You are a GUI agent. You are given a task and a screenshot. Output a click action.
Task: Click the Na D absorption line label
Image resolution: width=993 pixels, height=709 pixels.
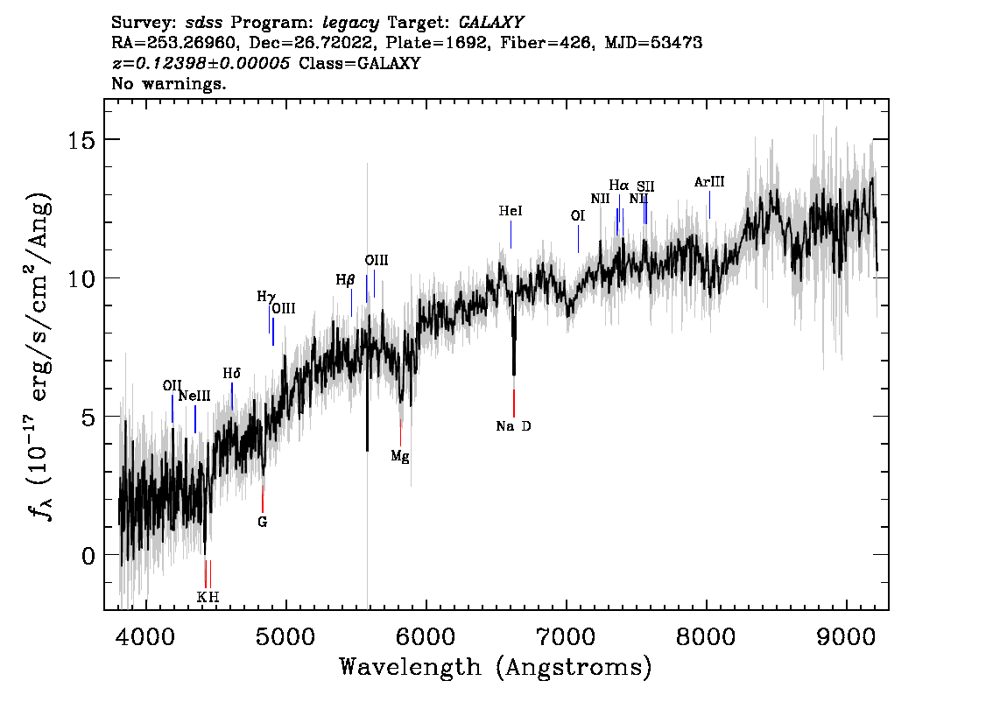coord(514,426)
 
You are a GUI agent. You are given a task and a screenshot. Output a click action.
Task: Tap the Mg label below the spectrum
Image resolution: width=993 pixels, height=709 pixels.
coord(400,456)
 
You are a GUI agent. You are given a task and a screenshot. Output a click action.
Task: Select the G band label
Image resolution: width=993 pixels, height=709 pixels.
coord(262,523)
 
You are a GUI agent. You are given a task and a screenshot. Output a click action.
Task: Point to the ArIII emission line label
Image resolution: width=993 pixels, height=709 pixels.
coord(709,182)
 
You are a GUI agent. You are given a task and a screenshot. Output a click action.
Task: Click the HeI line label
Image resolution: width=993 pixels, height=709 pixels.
coord(511,211)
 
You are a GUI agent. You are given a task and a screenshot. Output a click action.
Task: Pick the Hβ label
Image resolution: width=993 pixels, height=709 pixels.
coord(345,280)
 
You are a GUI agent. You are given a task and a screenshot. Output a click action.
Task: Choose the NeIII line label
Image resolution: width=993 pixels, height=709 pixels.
coord(194,397)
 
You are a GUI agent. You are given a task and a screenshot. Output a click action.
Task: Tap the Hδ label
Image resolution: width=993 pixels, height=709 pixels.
coord(232,374)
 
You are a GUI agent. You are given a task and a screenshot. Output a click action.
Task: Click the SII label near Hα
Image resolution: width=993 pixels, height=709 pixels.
coord(645,186)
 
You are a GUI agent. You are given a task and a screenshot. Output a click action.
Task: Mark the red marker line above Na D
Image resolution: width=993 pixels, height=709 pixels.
coord(514,404)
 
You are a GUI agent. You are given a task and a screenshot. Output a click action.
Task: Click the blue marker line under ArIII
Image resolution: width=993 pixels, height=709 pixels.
coord(709,205)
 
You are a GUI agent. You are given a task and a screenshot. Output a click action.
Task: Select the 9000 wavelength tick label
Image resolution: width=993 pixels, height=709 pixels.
coord(846,636)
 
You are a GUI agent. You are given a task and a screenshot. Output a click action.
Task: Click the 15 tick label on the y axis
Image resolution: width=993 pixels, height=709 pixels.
coord(81,140)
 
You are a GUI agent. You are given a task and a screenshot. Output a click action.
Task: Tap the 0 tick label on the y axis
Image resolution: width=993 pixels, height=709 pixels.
coord(88,556)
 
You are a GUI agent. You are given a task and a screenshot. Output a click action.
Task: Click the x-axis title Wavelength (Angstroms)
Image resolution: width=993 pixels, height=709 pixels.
coord(496,667)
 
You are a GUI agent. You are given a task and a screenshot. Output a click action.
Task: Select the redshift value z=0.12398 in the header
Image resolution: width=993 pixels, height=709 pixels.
coord(201,63)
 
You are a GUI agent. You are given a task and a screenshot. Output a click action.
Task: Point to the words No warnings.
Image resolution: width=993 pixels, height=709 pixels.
coord(168,83)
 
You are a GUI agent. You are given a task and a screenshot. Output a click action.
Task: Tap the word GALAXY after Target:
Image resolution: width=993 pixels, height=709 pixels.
coord(490,23)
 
